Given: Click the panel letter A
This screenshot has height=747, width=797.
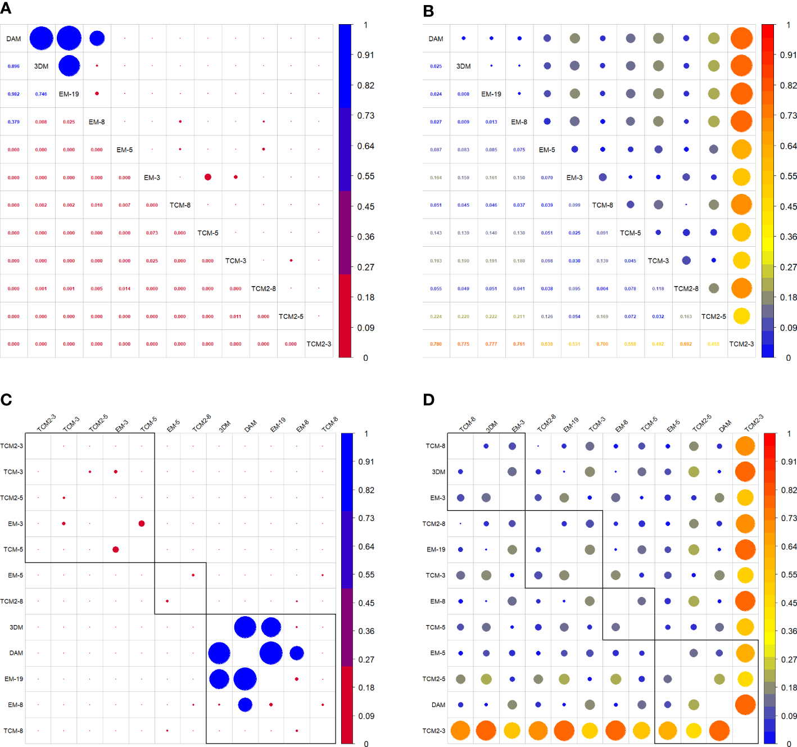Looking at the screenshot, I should pyautogui.click(x=6, y=8).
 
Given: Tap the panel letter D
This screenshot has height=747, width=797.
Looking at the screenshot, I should pyautogui.click(x=428, y=400).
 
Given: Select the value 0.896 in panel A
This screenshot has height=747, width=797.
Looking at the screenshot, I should pyautogui.click(x=13, y=66).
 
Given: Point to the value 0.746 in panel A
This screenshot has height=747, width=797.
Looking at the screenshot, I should pyautogui.click(x=41, y=94).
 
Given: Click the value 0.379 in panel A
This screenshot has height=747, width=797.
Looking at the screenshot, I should pyautogui.click(x=13, y=122).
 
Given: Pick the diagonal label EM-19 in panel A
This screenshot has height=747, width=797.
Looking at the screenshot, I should pyautogui.click(x=69, y=94).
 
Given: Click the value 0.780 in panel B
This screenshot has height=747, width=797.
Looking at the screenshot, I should pyautogui.click(x=436, y=344).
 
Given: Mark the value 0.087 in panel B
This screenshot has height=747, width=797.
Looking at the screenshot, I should pyautogui.click(x=436, y=150).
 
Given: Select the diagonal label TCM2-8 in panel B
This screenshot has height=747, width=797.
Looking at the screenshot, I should pyautogui.click(x=686, y=288).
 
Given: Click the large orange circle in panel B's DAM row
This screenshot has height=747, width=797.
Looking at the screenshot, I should pyautogui.click(x=741, y=38).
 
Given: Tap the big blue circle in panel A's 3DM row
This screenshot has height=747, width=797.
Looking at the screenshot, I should pyautogui.click(x=69, y=66).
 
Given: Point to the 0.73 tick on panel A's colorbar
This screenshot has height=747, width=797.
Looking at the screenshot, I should pyautogui.click(x=366, y=115).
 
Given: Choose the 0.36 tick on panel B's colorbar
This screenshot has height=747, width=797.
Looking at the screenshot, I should pyautogui.click(x=788, y=237).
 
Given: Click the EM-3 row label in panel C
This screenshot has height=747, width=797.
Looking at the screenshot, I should pyautogui.click(x=15, y=523).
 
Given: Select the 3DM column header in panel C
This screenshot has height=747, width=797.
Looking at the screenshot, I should pyautogui.click(x=225, y=426).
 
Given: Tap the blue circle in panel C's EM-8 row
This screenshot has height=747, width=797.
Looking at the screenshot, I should pyautogui.click(x=245, y=704).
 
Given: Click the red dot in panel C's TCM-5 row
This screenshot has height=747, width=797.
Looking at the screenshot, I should pyautogui.click(x=116, y=549).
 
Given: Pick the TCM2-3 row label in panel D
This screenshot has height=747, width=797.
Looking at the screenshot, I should pyautogui.click(x=433, y=731).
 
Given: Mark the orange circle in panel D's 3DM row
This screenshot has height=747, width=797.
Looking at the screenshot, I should pyautogui.click(x=745, y=472).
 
